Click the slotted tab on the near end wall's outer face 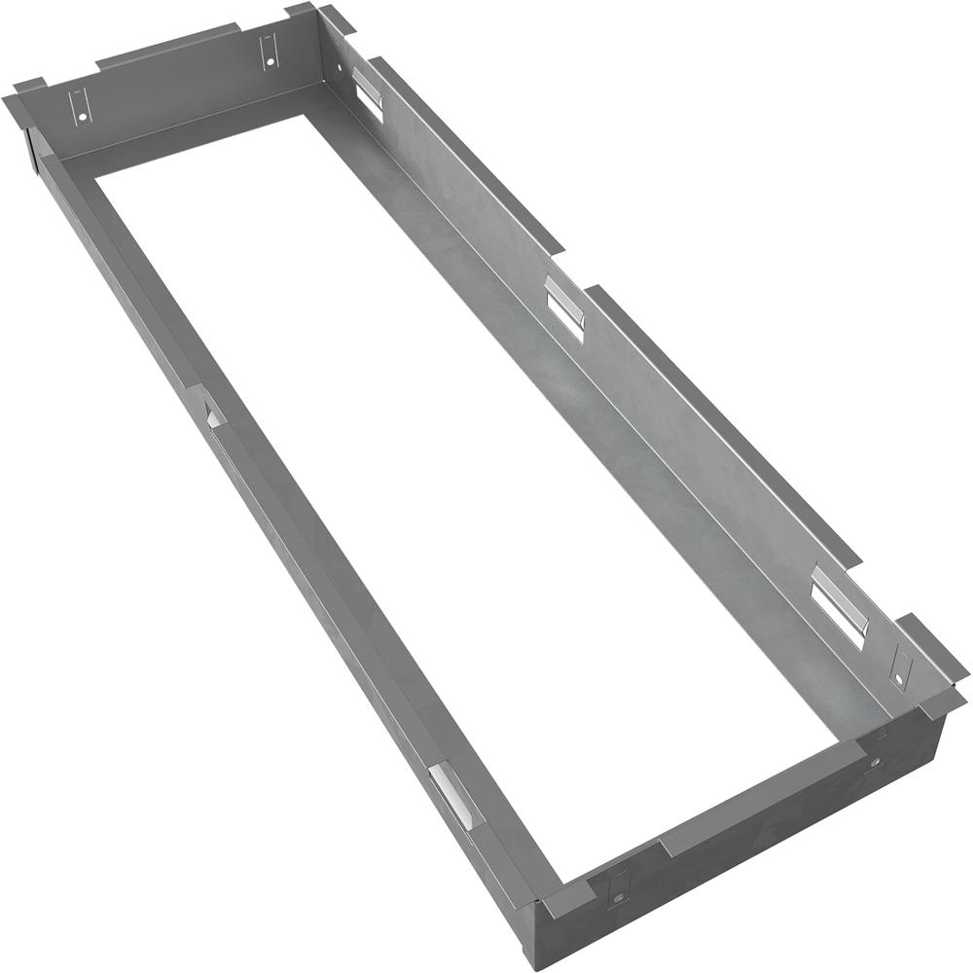617,888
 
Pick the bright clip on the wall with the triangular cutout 453,793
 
